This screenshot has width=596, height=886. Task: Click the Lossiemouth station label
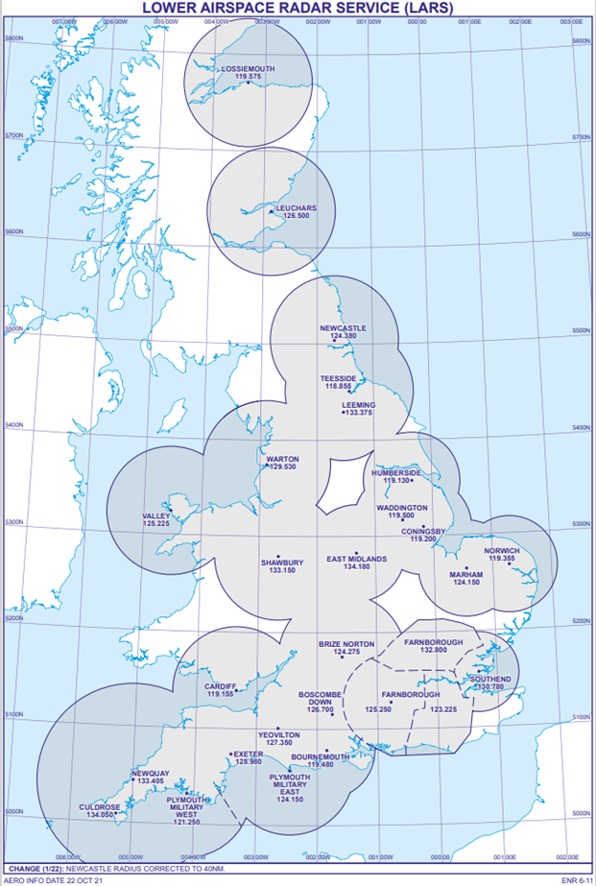(x=248, y=70)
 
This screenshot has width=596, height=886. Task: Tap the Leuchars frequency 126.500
(x=295, y=216)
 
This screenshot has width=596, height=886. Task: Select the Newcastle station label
(x=343, y=328)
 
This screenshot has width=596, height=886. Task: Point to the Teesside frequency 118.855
(x=338, y=387)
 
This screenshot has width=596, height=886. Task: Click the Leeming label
(x=358, y=405)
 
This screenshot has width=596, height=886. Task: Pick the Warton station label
(x=282, y=459)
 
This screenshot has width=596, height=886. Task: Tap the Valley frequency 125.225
(x=156, y=524)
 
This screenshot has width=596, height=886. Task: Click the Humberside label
(x=396, y=473)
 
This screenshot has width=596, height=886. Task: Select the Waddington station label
(x=401, y=507)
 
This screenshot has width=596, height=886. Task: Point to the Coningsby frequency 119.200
(x=423, y=539)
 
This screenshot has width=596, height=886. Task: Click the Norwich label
(x=502, y=550)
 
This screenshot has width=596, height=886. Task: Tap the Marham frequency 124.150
(x=465, y=583)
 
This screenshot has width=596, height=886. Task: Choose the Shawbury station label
(x=282, y=562)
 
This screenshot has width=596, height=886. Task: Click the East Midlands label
(x=356, y=559)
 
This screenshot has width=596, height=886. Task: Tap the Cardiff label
(x=221, y=685)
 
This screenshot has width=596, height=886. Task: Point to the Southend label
(x=490, y=679)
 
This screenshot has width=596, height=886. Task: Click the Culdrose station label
(x=100, y=807)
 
